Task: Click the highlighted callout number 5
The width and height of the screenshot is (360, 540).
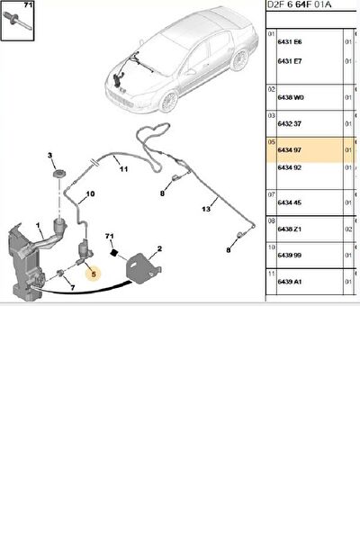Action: pos(94,274)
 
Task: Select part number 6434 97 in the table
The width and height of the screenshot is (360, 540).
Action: pos(290,150)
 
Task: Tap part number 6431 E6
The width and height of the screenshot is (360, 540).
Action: pos(290,41)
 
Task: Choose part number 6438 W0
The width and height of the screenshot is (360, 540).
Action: pos(291,97)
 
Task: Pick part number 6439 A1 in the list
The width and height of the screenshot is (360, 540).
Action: pos(290,282)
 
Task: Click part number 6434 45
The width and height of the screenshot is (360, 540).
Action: pos(290,202)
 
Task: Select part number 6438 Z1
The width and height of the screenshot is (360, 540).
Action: pos(290,229)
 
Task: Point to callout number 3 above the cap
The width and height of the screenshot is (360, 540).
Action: pos(50,156)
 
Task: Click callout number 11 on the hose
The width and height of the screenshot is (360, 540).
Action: pos(123,169)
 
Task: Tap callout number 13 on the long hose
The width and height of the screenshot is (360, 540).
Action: pos(206,209)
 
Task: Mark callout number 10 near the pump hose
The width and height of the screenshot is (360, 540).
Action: pos(90,194)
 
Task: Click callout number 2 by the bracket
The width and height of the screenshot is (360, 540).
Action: pos(159,248)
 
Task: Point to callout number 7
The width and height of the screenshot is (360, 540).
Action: pos(73,288)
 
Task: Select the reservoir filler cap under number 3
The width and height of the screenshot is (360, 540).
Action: pos(59,173)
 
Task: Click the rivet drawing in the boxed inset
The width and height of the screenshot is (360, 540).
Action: pos(18,22)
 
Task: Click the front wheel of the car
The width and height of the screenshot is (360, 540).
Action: pos(169,102)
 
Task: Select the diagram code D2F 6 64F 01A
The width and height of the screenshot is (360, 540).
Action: pos(300,4)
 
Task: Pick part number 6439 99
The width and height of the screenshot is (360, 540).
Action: pos(290,256)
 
